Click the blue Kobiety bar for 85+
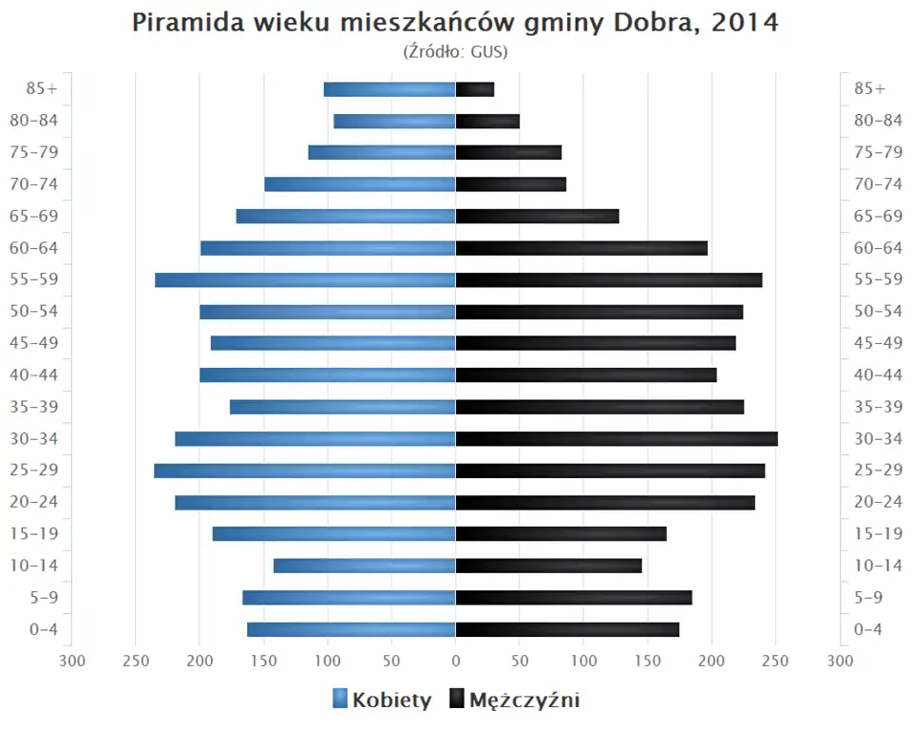pyautogui.click(x=389, y=89)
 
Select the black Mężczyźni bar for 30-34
pyautogui.click(x=617, y=439)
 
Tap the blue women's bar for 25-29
pyautogui.click(x=305, y=471)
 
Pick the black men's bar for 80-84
pyautogui.click(x=487, y=121)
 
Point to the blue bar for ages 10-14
pyautogui.click(x=365, y=566)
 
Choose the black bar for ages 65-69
pyautogui.click(x=537, y=217)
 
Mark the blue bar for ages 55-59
pyautogui.click(x=305, y=280)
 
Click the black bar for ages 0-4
pyautogui.click(x=567, y=629)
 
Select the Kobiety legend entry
pyautogui.click(x=382, y=701)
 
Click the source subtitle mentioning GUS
pyautogui.click(x=456, y=51)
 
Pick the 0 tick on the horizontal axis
pyautogui.click(x=456, y=661)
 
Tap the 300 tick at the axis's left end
pyautogui.click(x=72, y=661)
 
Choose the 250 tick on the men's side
pyautogui.click(x=775, y=661)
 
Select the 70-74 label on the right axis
pyautogui.click(x=878, y=184)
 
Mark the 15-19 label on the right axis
pyautogui.click(x=878, y=534)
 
